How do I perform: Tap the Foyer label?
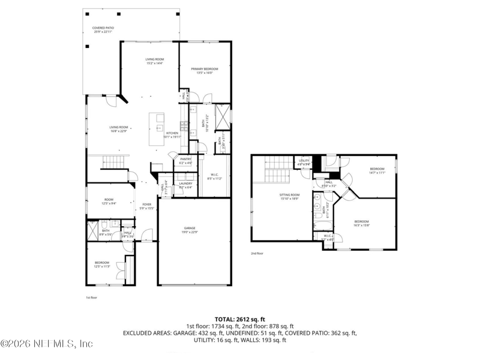[147, 206]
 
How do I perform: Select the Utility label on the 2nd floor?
[304, 161]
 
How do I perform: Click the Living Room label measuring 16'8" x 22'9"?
[118, 128]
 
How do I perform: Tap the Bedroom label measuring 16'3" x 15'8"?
[361, 223]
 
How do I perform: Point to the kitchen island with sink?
[160, 127]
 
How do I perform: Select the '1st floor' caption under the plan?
[91, 297]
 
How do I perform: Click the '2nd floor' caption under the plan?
[257, 253]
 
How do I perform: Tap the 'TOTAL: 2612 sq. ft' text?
[239, 319]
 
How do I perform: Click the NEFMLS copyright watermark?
[47, 344]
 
